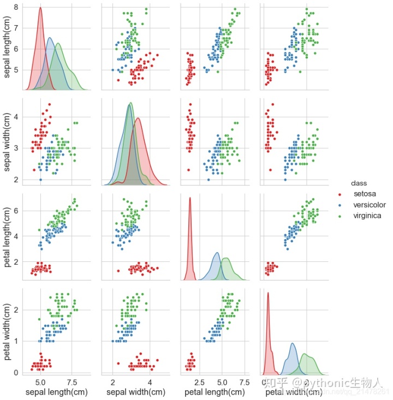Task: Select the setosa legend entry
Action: point(364,194)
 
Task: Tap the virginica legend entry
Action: point(367,216)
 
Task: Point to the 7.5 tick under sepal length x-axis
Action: point(72,381)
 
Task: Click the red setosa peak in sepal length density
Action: point(40,8)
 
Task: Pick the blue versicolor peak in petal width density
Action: point(293,344)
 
